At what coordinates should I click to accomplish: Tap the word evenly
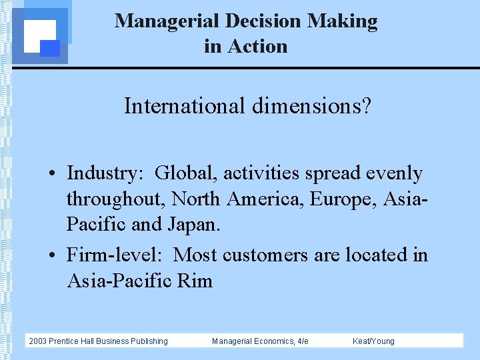pos(393,173)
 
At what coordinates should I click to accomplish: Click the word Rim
pos(195,281)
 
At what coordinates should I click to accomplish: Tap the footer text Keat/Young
pos(373,341)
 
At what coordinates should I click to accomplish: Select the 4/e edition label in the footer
pos(302,341)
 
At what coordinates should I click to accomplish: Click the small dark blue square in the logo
pos(51,48)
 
